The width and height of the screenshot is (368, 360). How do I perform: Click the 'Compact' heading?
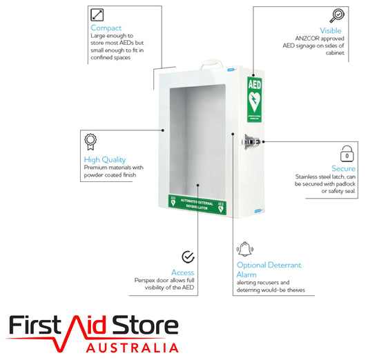(x=106, y=28)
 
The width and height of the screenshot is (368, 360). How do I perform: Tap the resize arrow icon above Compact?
(x=97, y=15)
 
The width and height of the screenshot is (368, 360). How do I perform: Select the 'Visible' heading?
(x=331, y=31)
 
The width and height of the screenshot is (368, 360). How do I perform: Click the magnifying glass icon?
(x=337, y=15)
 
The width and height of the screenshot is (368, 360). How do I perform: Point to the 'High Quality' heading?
(x=105, y=160)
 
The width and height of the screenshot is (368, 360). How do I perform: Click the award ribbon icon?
(x=90, y=142)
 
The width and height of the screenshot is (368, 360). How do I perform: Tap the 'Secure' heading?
(x=343, y=168)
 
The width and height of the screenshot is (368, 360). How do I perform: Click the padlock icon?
(x=347, y=154)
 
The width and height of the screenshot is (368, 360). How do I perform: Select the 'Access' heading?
(x=182, y=272)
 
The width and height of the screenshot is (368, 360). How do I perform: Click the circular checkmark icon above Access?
(x=188, y=257)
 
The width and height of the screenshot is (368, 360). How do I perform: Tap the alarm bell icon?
(x=245, y=249)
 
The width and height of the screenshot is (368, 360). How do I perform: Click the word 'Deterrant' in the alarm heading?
(x=284, y=265)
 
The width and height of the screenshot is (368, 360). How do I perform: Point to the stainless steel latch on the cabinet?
(x=251, y=142)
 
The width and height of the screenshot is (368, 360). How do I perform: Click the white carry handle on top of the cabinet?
(x=211, y=63)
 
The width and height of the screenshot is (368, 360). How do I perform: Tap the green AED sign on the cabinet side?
(x=254, y=100)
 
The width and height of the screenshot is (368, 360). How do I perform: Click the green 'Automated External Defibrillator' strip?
(x=197, y=204)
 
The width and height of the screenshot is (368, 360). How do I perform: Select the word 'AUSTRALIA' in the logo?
(x=133, y=348)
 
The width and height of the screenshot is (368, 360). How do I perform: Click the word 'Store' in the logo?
(x=145, y=325)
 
